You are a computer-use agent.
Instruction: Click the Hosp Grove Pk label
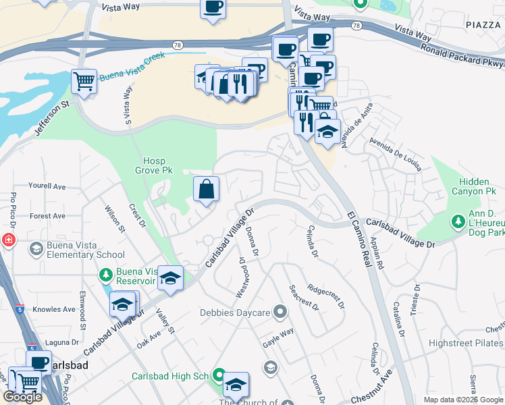158,166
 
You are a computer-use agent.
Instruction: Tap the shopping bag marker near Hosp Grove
206,189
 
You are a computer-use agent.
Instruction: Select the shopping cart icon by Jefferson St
84,82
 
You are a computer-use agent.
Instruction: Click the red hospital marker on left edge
6,240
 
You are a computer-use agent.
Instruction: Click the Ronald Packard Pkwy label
462,54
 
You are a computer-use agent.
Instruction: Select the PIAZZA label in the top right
483,24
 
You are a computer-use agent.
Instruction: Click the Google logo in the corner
23,397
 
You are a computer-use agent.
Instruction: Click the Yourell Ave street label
47,186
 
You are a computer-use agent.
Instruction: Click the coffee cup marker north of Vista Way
213,8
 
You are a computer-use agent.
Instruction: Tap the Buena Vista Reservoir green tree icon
105,275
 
